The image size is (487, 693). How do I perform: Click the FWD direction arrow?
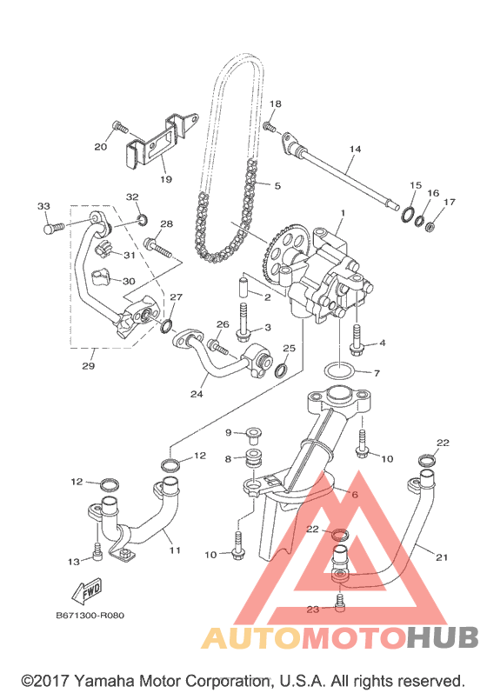[x=88, y=591]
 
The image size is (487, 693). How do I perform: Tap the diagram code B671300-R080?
[x=90, y=616]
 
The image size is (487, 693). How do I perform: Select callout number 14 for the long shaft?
[x=355, y=149]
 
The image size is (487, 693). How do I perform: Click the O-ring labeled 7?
[x=339, y=370]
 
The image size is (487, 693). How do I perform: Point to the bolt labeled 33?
[x=54, y=227]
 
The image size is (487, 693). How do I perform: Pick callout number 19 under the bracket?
[x=166, y=179]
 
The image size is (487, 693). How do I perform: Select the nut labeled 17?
[x=430, y=228]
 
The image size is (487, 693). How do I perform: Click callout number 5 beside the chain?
[x=277, y=185]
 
